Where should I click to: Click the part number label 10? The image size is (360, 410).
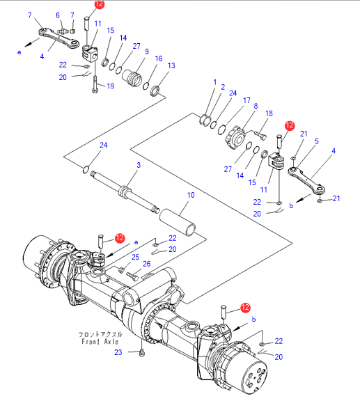point(191,195)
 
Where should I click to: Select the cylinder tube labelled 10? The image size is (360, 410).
point(178,222)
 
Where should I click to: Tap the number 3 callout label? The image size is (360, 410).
point(139,165)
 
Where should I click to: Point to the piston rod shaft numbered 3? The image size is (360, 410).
point(125,192)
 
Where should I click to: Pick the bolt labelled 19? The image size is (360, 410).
point(95,84)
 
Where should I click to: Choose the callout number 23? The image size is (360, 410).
point(118,352)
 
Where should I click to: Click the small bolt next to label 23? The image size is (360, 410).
point(142,353)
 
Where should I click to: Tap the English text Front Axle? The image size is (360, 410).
point(100,342)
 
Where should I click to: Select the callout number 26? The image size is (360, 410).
point(147,264)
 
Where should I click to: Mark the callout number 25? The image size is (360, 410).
point(135,257)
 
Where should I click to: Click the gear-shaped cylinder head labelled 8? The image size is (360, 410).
point(235,138)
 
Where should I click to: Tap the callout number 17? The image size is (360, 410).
point(246,100)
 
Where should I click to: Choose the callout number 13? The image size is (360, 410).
point(171,65)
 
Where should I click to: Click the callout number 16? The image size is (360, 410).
point(159,58)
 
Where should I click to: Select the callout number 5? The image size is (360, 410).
point(317,141)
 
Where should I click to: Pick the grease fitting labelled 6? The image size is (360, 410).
point(62,31)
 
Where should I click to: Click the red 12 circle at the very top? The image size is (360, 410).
point(99,3)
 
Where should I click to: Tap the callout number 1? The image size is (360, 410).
point(214,82)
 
